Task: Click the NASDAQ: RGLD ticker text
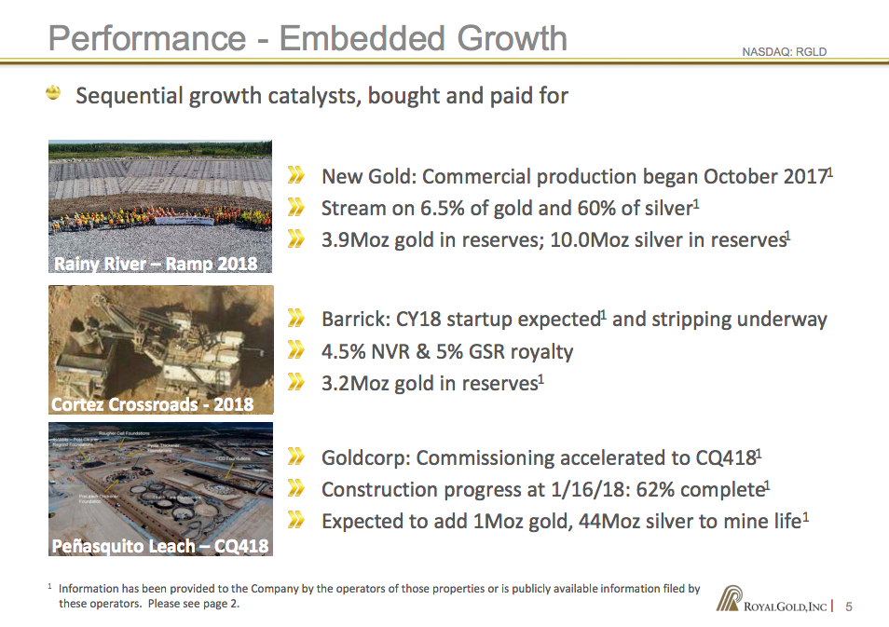[x=784, y=52]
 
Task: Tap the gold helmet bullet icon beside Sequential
[x=55, y=93]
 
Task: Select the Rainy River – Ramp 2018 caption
[x=156, y=264]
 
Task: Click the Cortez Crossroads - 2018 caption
[x=152, y=405]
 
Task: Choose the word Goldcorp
[x=363, y=458]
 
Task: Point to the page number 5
[x=849, y=607]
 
